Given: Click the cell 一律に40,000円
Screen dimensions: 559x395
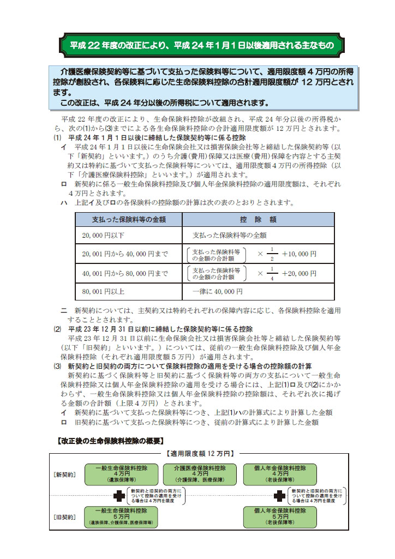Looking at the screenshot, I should [x=217, y=291].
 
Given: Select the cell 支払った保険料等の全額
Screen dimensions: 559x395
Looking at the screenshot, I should [x=229, y=236].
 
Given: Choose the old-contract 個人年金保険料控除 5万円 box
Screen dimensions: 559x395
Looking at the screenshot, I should [x=279, y=516].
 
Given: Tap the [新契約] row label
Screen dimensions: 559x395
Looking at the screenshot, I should [x=65, y=474].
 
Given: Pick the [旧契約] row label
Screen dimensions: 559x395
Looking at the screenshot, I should [x=65, y=516].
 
